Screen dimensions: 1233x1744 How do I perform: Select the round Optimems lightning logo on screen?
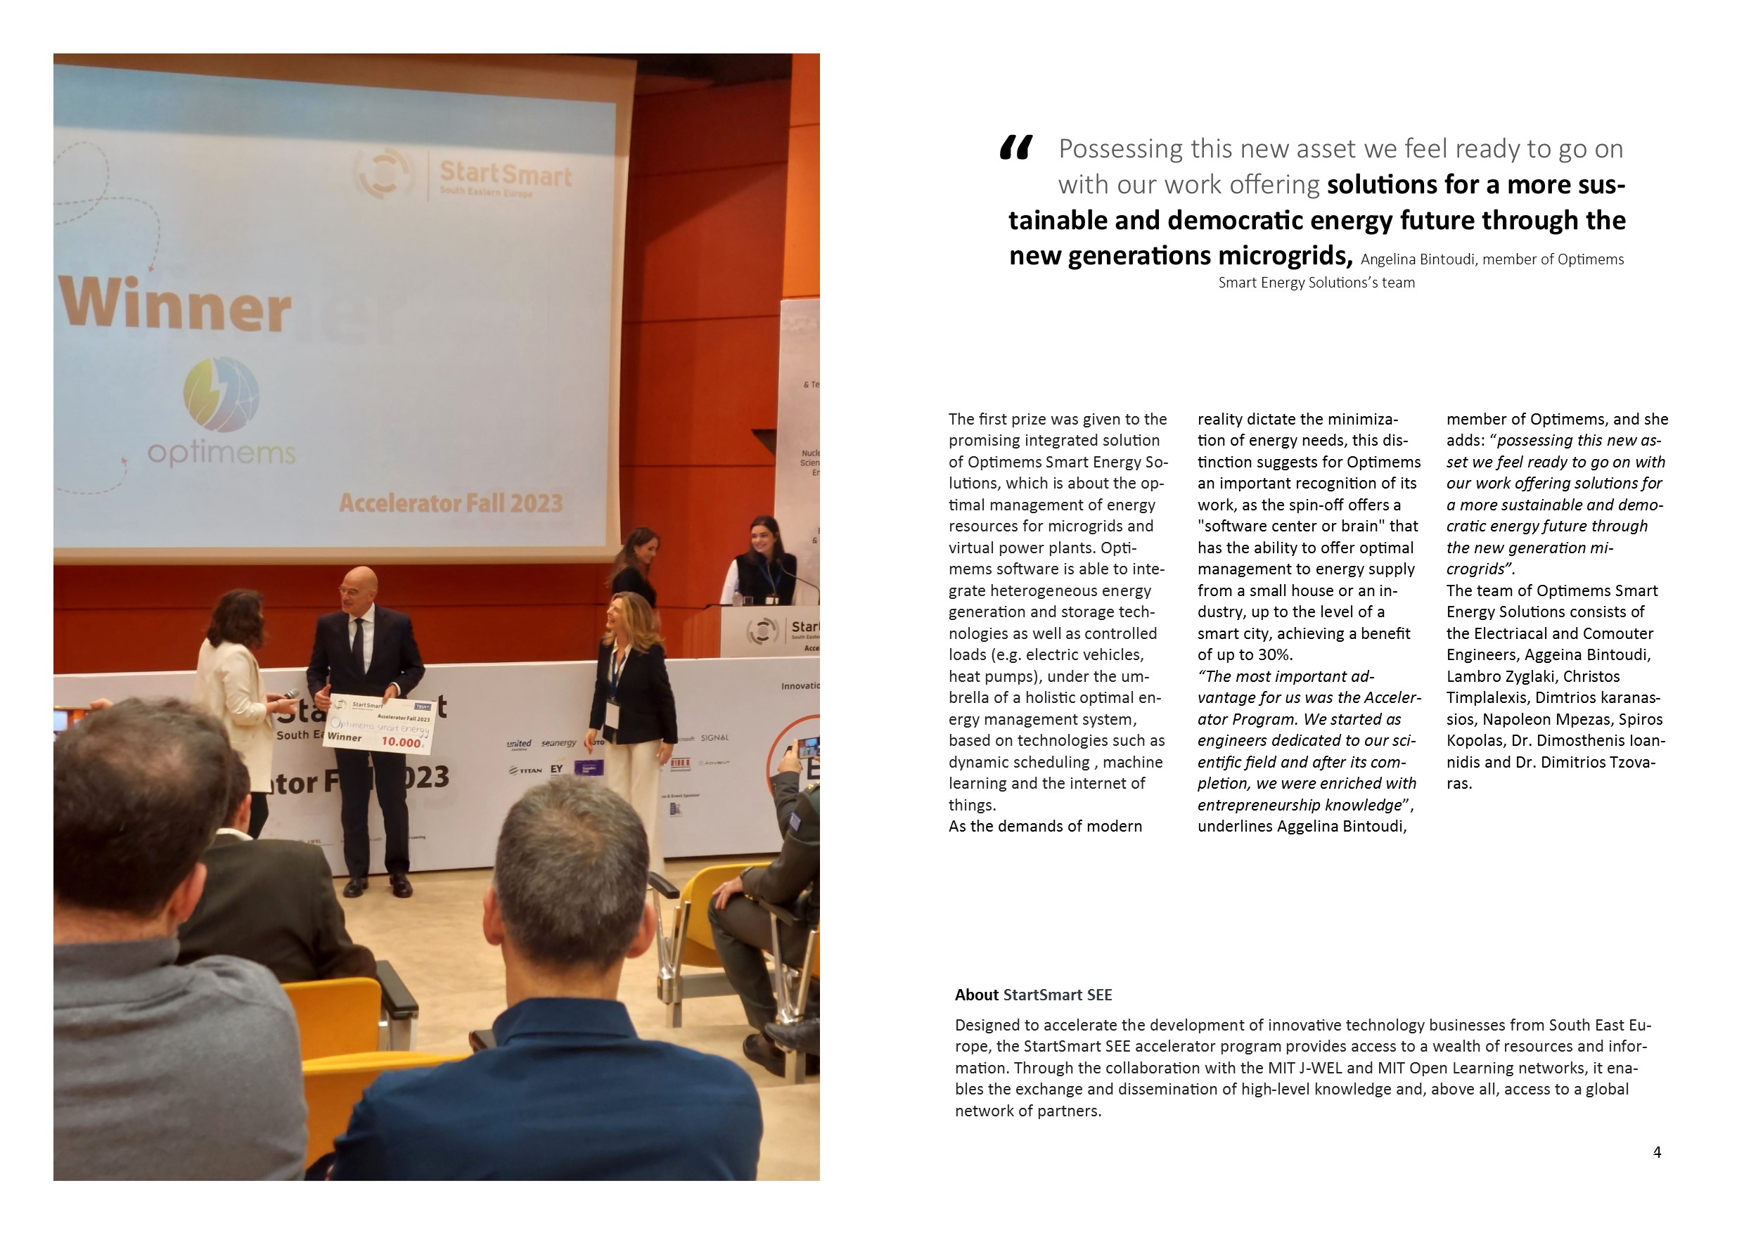[221, 395]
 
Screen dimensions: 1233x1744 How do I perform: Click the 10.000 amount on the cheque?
[401, 742]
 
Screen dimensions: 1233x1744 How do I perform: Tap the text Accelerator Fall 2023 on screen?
[451, 503]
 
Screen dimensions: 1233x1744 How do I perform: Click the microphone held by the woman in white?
[290, 693]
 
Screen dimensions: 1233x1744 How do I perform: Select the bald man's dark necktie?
[358, 644]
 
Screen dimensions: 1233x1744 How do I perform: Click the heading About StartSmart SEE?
[1033, 995]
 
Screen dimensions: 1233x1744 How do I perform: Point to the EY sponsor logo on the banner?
[557, 769]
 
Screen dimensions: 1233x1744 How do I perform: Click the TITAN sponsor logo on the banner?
[525, 770]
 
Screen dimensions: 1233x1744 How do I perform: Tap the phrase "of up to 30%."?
[1245, 654]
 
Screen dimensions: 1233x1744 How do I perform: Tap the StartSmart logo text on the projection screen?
[505, 175]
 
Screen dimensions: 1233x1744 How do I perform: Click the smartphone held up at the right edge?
[807, 746]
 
